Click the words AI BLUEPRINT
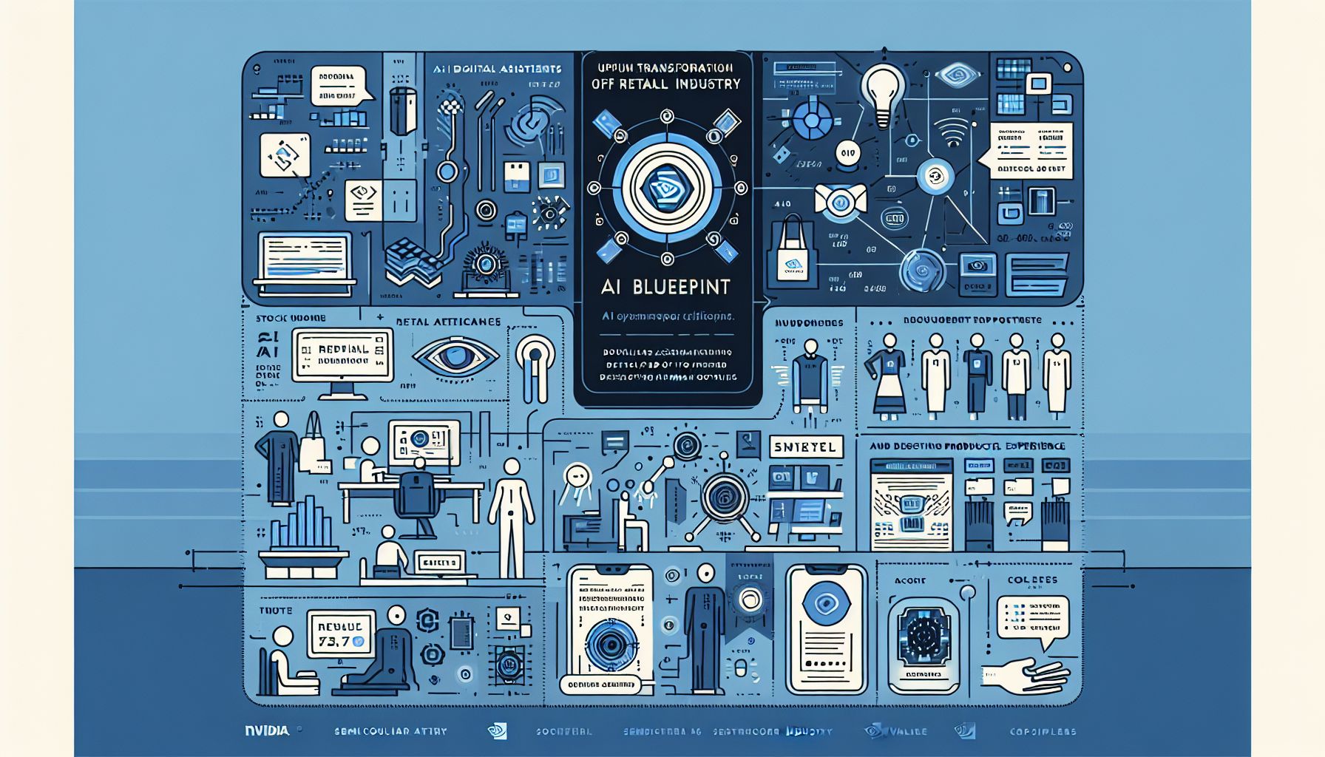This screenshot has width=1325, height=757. (666, 286)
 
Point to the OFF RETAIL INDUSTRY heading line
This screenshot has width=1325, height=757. (666, 84)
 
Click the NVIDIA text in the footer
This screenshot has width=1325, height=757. (267, 730)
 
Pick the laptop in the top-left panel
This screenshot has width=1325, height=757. (305, 259)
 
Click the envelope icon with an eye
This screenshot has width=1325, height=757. (839, 200)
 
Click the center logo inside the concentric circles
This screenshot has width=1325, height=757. (666, 189)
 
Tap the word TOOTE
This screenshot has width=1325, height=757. (275, 611)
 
